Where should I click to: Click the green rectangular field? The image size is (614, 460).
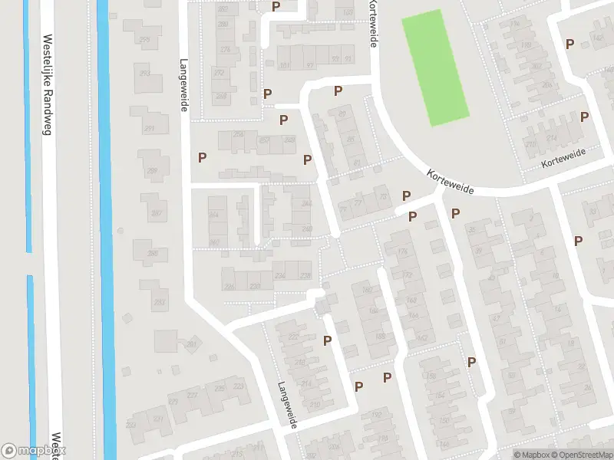(x=435, y=67)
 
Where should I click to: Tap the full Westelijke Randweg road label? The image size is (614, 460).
(x=47, y=84)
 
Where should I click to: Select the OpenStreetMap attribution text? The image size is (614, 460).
(x=579, y=455)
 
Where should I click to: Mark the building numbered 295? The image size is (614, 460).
(x=146, y=40)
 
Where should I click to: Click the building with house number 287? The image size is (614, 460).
(x=157, y=212)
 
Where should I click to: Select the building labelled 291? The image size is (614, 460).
(x=150, y=128)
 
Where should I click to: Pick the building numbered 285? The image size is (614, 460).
(x=152, y=254)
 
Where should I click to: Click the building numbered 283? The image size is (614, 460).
(x=159, y=303)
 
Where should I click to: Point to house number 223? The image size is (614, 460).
(x=239, y=386)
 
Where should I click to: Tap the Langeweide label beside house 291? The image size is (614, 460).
(x=183, y=86)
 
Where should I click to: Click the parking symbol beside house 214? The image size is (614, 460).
(x=585, y=117)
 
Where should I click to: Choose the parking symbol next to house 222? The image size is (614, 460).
(x=327, y=340)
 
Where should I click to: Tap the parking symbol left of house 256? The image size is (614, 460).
(x=203, y=157)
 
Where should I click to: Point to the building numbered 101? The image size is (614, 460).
(x=285, y=65)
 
